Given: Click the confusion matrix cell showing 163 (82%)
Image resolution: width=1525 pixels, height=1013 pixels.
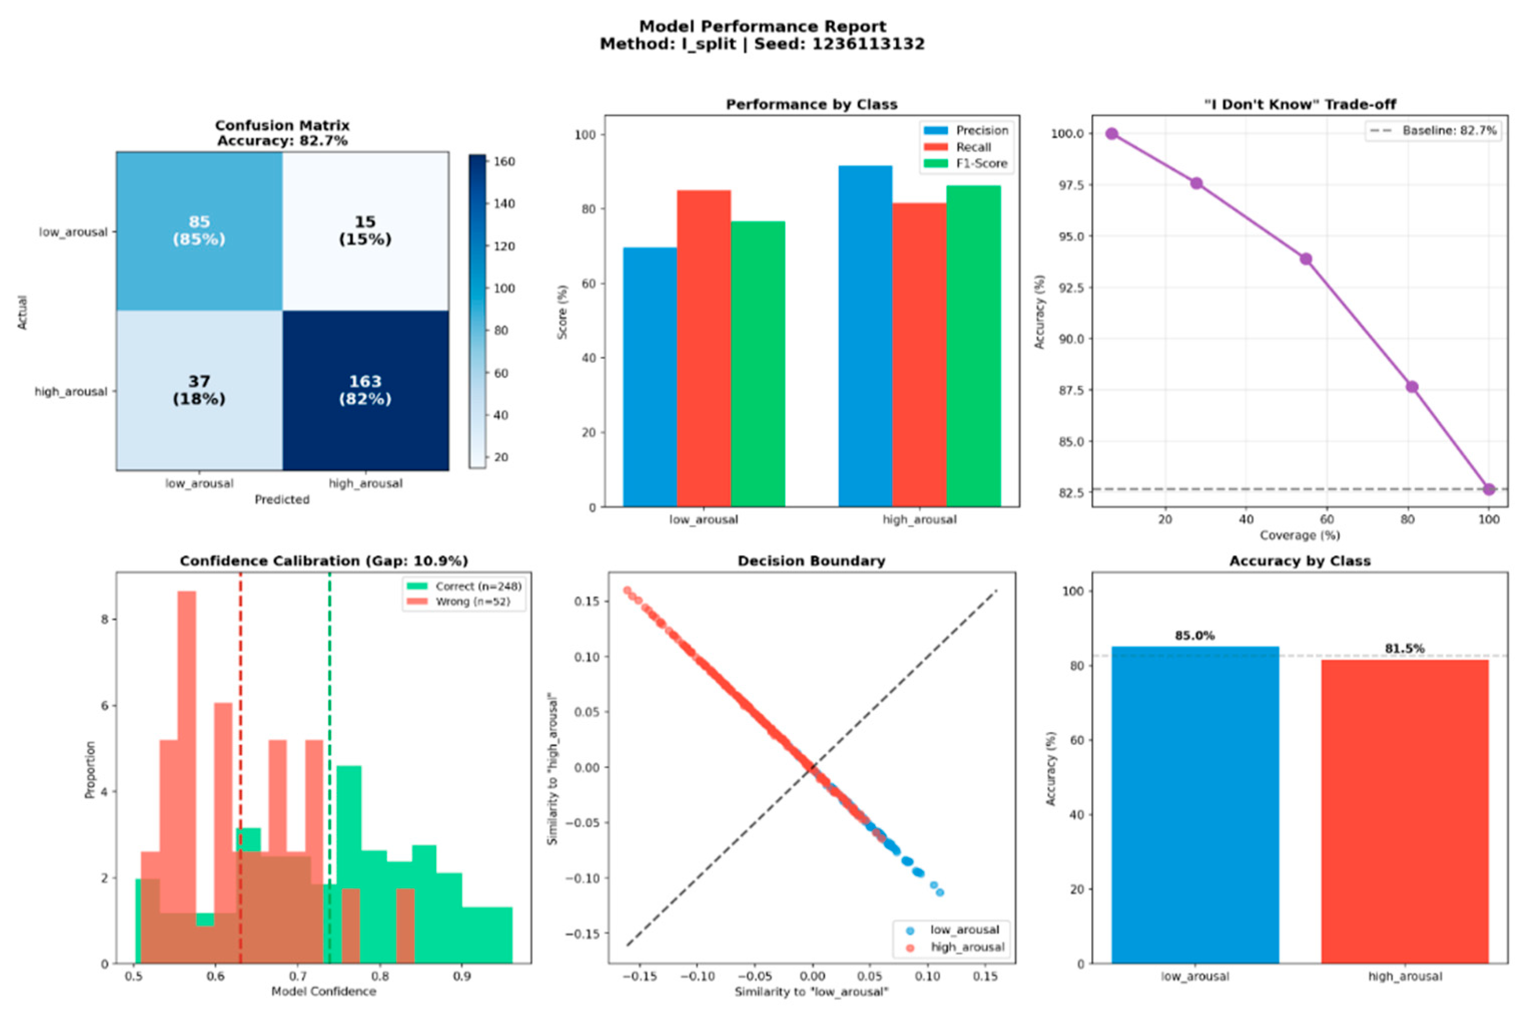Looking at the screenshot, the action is (365, 390).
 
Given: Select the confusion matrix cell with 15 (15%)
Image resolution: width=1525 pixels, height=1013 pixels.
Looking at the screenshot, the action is (365, 231).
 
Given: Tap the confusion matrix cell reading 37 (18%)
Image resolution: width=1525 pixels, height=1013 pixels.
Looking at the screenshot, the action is (199, 390).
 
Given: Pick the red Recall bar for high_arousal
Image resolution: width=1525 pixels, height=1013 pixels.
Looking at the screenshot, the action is (919, 355).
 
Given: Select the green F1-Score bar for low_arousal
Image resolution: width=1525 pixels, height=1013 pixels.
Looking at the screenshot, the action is (758, 364).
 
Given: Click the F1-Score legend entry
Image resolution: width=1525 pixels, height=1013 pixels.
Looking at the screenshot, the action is (966, 163).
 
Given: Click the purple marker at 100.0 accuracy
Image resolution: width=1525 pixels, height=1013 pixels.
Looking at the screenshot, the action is (1111, 134).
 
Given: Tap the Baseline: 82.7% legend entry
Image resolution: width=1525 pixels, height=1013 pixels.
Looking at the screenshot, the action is (1433, 130).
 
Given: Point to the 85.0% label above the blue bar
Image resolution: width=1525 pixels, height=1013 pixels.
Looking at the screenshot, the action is (1195, 636).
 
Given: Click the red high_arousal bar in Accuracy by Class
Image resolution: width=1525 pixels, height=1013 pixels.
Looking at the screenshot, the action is (1405, 812).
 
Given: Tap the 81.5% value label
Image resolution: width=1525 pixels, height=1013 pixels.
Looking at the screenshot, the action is (1405, 649).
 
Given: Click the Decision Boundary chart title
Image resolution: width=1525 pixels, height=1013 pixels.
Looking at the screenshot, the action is (812, 561).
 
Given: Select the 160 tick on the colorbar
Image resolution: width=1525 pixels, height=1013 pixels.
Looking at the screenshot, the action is (504, 161).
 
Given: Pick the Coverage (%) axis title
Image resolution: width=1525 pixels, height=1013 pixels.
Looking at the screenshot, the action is (1300, 536).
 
